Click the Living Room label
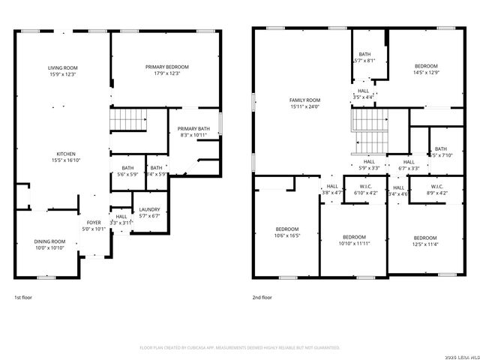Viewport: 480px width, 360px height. point(64,67)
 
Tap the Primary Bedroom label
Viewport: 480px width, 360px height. point(166,67)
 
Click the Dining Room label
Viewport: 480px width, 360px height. point(49,241)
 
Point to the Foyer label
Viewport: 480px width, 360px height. point(94,223)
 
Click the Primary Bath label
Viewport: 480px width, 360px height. point(193,128)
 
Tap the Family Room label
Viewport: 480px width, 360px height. point(304,100)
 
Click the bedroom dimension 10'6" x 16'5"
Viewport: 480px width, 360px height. point(286,235)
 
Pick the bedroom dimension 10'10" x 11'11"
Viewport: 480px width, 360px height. point(354,243)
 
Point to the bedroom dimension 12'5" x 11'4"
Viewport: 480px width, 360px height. point(424,243)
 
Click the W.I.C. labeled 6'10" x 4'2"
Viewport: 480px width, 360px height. point(366,193)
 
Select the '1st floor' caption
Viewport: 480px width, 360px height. point(23,297)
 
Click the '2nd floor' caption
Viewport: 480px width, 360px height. point(262,297)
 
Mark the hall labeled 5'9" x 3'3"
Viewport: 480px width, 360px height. point(369,168)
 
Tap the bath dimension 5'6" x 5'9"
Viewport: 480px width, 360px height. point(127,174)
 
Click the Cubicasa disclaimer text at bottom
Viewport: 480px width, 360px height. point(240,348)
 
